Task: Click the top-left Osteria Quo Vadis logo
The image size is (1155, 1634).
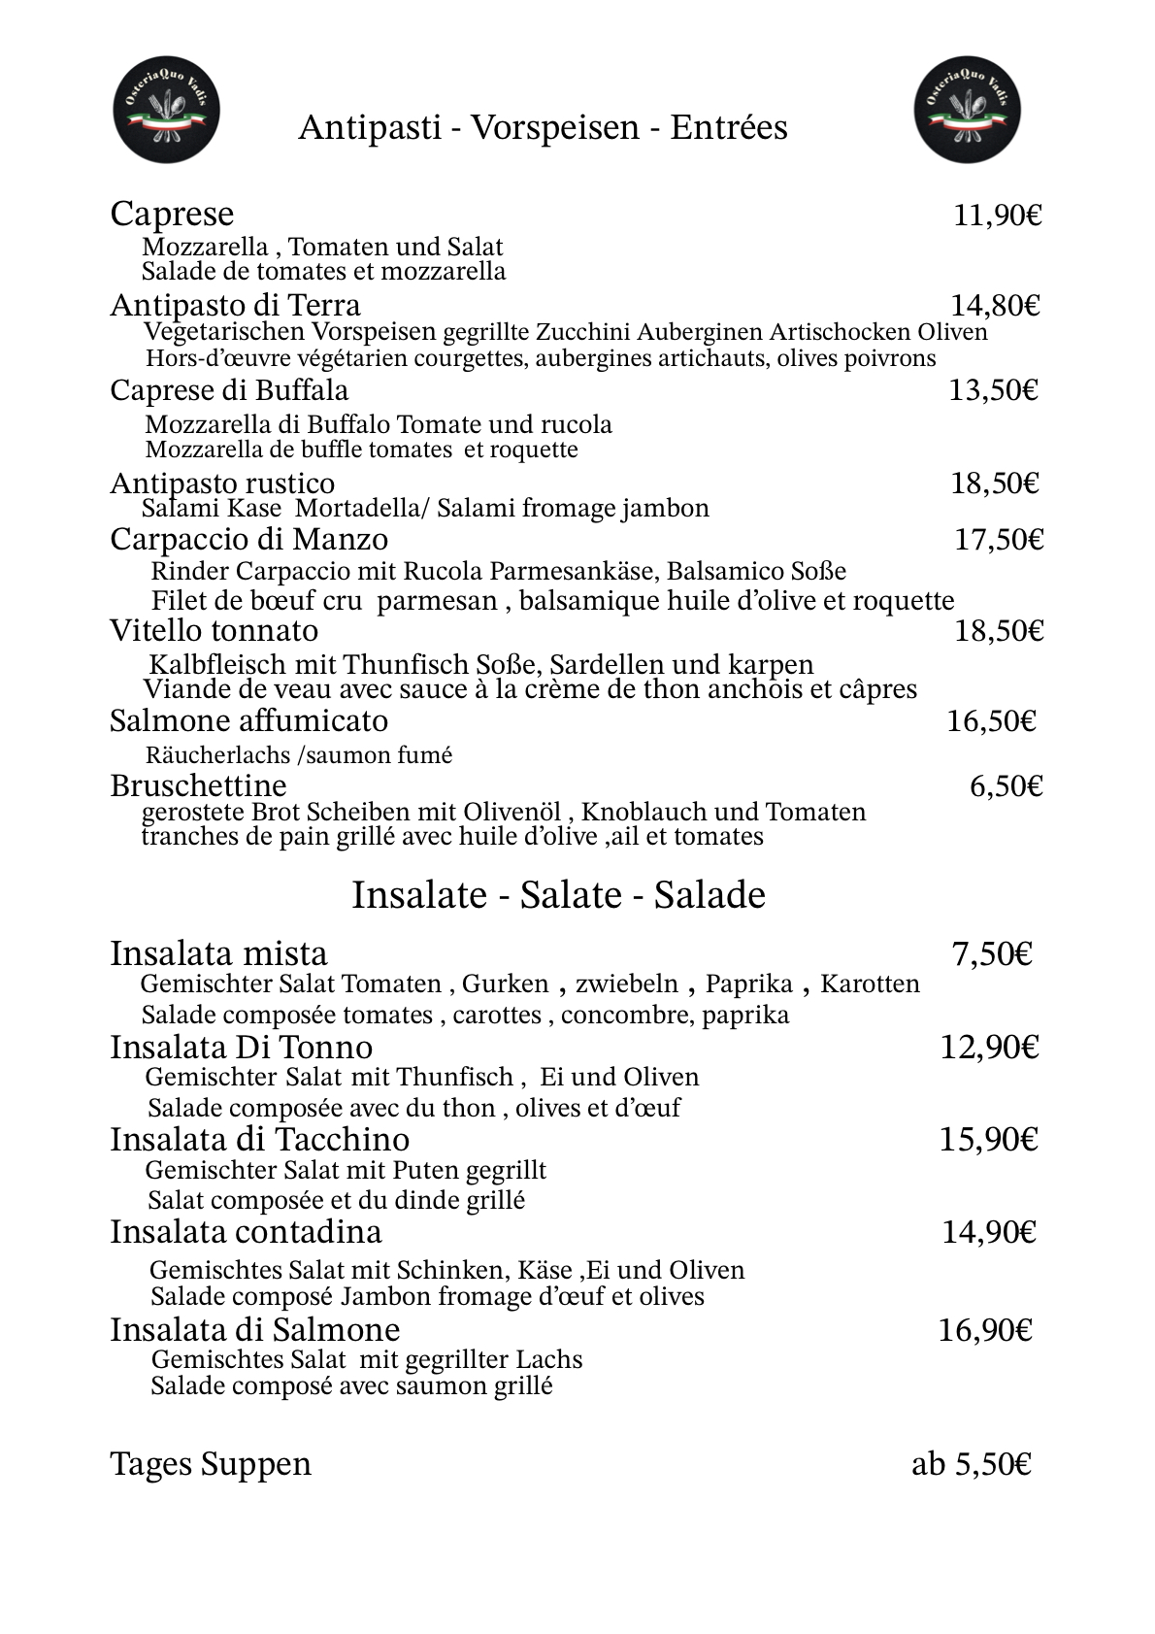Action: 166,109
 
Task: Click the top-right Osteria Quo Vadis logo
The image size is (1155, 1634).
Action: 967,109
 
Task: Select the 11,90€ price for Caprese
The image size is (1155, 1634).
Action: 997,216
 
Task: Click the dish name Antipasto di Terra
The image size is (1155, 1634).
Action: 235,306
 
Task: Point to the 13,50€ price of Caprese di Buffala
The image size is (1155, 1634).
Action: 993,390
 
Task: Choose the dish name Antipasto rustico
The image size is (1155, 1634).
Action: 222,484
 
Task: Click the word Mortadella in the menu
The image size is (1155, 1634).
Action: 355,508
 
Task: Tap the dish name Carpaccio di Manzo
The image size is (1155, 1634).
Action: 248,540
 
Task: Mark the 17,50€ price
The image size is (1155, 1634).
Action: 999,540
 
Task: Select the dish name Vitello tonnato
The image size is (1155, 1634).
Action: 214,631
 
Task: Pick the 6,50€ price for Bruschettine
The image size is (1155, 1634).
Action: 1006,786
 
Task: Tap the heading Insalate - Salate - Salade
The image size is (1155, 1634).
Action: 558,895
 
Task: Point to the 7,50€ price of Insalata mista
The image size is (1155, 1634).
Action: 991,955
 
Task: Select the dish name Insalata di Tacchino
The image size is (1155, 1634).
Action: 259,1140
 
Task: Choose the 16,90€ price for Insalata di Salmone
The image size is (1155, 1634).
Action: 984,1330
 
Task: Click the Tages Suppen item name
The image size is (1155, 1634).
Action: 211,1464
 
